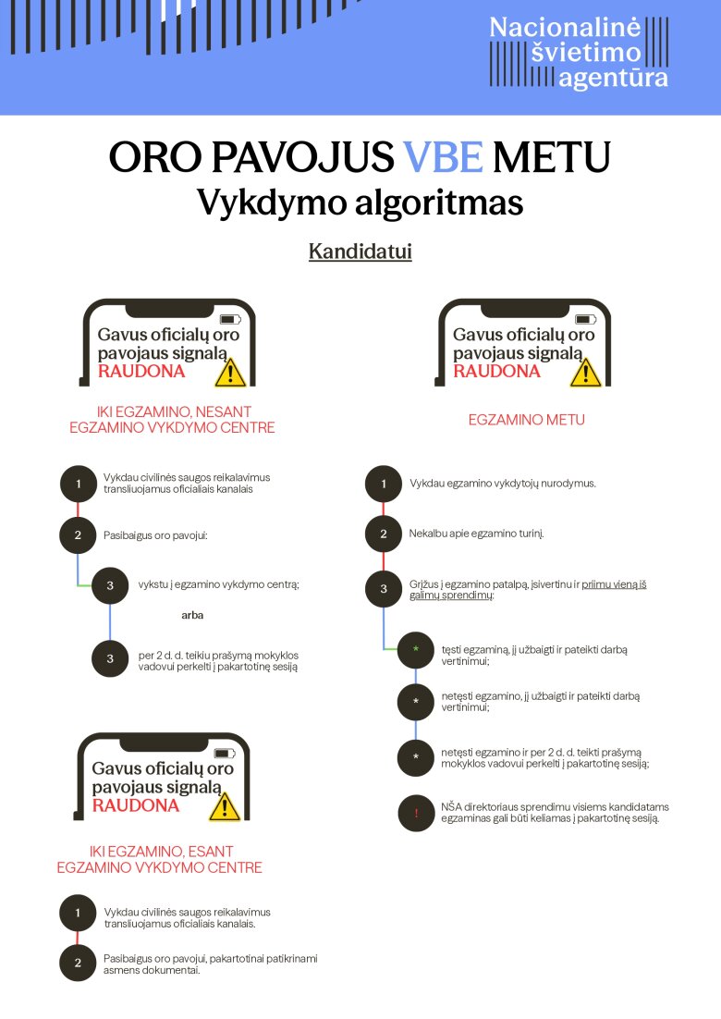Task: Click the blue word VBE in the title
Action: (443, 157)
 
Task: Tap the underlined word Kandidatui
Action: (360, 252)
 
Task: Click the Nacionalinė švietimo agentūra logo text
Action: (578, 53)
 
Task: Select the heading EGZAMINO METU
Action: (526, 420)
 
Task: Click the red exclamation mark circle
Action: (416, 813)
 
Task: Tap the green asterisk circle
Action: (416, 649)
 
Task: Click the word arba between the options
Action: (192, 615)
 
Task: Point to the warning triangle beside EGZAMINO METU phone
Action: (585, 373)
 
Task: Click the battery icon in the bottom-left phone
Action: (225, 754)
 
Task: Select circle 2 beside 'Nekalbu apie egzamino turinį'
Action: (384, 534)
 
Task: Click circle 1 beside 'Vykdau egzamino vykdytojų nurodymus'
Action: (384, 484)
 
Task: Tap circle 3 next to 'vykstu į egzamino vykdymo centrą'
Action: (110, 585)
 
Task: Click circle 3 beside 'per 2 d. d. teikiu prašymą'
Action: (110, 659)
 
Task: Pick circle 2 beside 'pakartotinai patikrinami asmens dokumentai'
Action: (78, 964)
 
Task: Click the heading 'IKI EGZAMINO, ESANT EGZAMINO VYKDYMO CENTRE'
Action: (159, 859)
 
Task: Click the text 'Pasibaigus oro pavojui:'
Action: (155, 535)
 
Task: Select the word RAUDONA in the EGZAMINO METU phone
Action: (497, 371)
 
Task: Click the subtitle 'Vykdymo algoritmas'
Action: (360, 203)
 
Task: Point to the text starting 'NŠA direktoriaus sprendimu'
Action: (555, 813)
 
